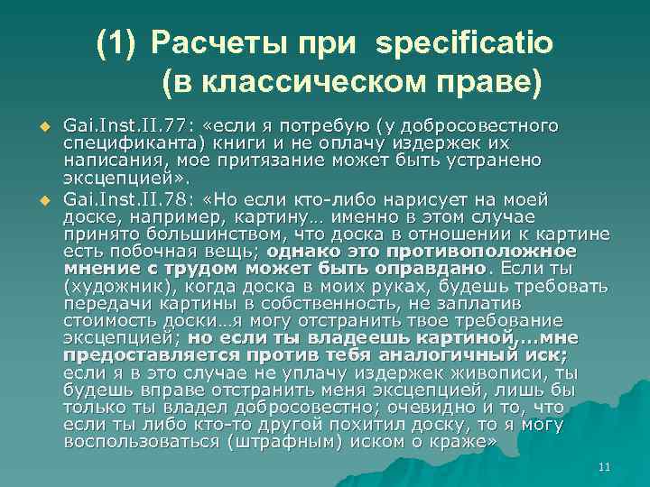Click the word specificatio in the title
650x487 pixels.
point(469,42)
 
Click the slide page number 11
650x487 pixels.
point(605,466)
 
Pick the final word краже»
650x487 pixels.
point(472,441)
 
